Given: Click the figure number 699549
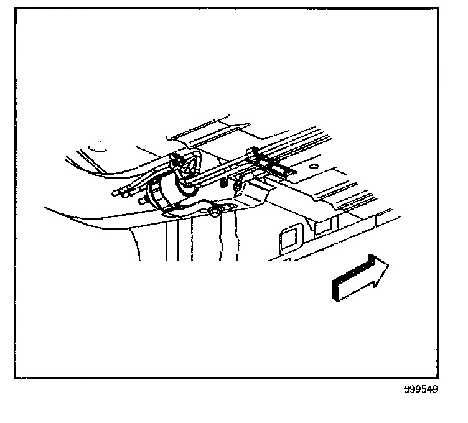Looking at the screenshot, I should pyautogui.click(x=421, y=390).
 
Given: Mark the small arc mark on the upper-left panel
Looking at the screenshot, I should pyautogui.click(x=96, y=147).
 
